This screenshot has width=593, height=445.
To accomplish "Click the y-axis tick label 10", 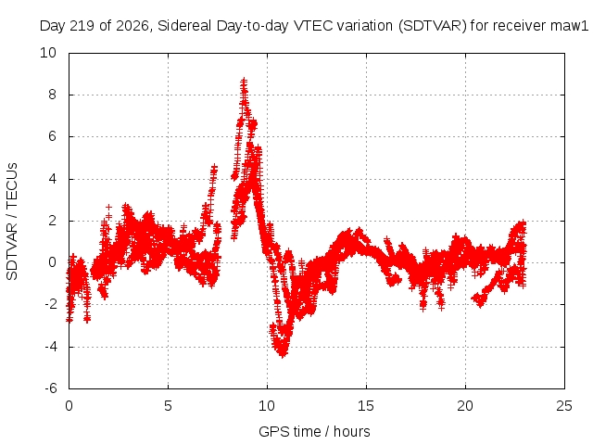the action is click(x=48, y=53).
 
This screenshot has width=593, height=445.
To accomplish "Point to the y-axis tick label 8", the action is click(x=52, y=95).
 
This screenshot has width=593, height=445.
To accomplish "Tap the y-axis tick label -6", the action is click(x=51, y=388).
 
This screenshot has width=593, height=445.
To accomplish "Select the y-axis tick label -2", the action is click(x=51, y=304).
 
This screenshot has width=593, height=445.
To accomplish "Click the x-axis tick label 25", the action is click(x=564, y=406).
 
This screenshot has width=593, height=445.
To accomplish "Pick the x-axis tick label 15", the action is click(x=366, y=406).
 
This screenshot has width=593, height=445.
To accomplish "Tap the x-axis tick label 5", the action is click(x=168, y=406).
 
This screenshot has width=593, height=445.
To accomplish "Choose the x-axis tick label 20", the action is click(x=465, y=406).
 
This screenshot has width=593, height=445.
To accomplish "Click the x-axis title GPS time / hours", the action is click(x=314, y=432).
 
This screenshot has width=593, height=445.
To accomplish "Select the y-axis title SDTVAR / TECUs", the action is click(x=12, y=222).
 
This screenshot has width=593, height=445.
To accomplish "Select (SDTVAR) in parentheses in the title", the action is click(x=433, y=26).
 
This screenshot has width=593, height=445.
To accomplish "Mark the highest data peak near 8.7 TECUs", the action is click(x=244, y=80).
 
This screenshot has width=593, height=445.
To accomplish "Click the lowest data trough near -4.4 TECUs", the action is click(x=283, y=354).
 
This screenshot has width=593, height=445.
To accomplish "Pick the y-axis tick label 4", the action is click(x=52, y=179).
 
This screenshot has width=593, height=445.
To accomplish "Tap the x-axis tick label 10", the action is click(x=267, y=406).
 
